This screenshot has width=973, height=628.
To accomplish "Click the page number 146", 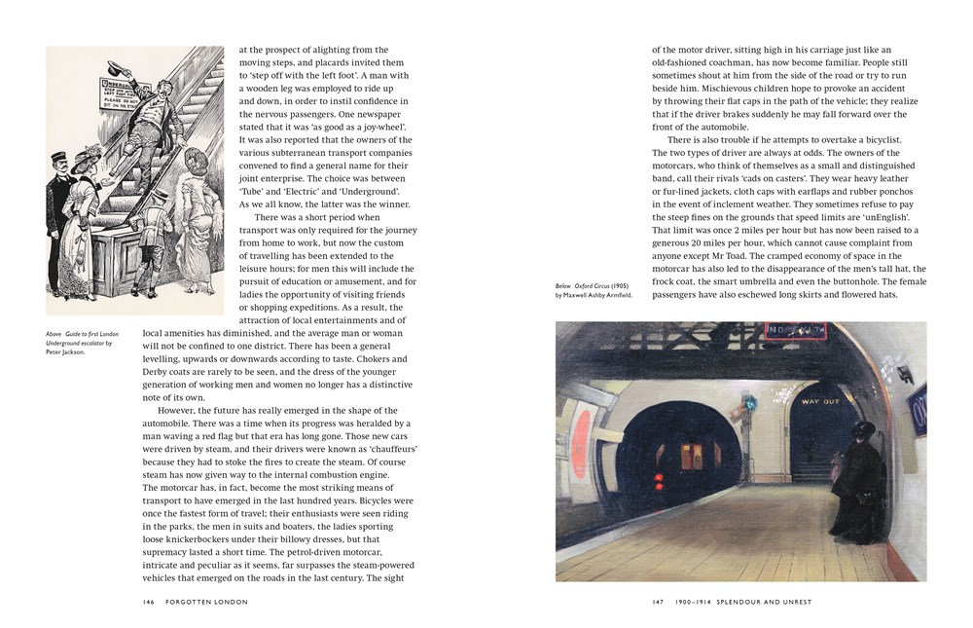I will (149, 602).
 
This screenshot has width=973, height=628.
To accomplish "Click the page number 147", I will (658, 602).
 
